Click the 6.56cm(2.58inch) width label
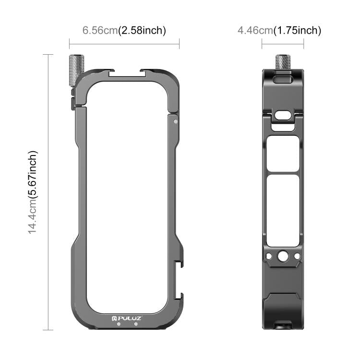124,30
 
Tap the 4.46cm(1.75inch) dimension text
279,31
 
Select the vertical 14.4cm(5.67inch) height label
32,192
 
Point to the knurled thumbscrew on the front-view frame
77,71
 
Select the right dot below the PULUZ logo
136,324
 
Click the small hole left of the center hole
271,256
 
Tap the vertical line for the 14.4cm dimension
48,192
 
